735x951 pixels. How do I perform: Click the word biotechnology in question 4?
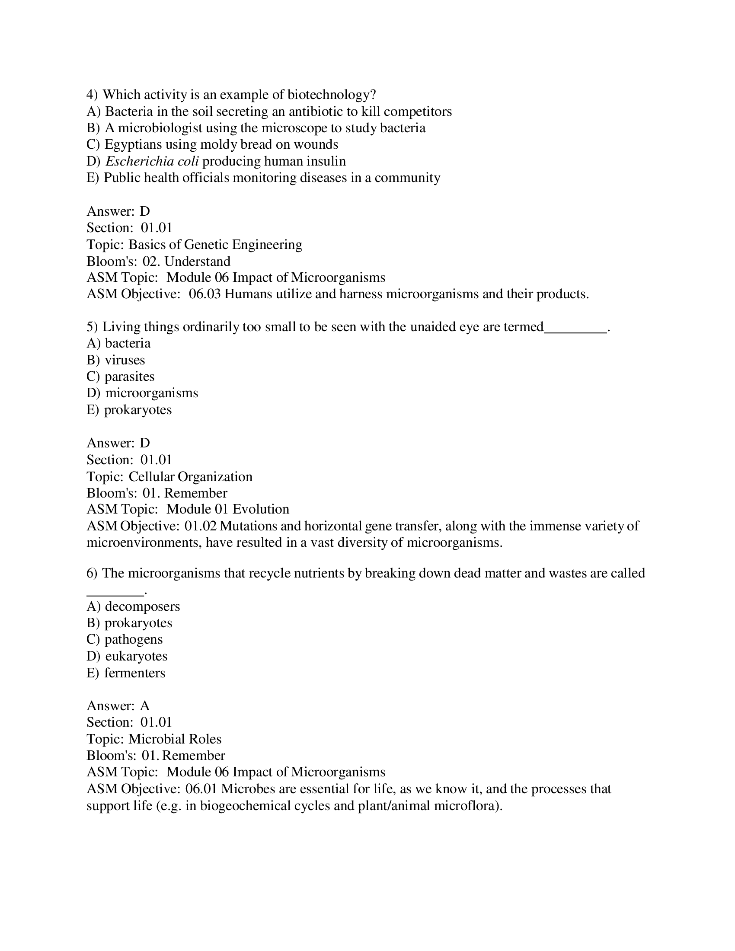[x=331, y=95]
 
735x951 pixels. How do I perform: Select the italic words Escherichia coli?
[x=152, y=161]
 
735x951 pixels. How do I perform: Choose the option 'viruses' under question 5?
[x=125, y=360]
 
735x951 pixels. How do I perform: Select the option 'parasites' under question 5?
[x=129, y=377]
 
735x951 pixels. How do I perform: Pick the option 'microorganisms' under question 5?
[x=151, y=393]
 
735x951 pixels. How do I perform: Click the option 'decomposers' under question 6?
[x=142, y=606]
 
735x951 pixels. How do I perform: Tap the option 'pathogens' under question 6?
[x=134, y=639]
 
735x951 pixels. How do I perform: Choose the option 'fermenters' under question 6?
[x=134, y=673]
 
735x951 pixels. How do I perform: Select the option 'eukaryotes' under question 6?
[x=136, y=656]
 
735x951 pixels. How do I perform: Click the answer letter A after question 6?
[x=144, y=706]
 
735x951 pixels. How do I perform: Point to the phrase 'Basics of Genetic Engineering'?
[x=215, y=244]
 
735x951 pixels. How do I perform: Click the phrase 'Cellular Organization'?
[x=190, y=476]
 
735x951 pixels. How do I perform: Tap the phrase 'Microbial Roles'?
[x=175, y=739]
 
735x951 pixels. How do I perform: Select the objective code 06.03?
[x=205, y=294]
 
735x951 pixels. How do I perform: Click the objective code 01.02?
[x=200, y=526]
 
